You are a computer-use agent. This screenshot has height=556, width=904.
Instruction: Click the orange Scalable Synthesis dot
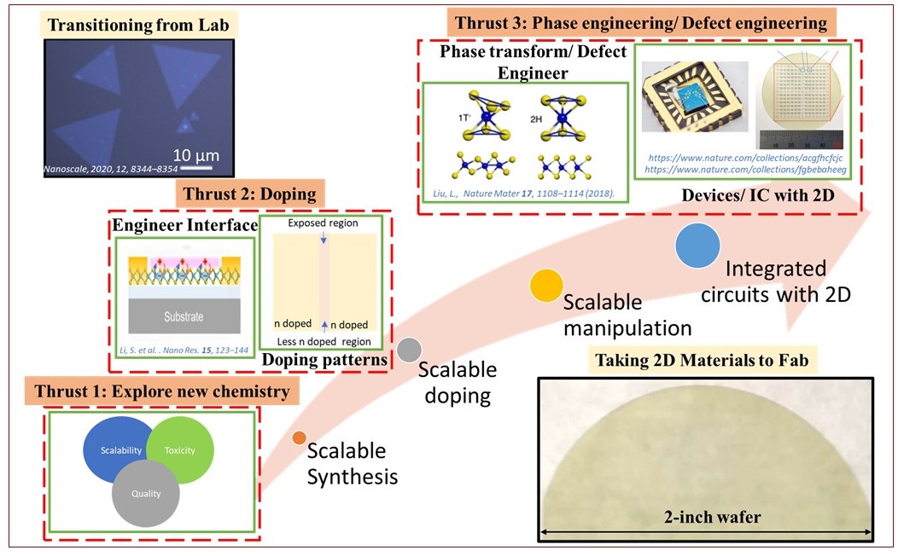pyautogui.click(x=299, y=438)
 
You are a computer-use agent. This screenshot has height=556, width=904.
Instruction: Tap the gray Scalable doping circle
pyautogui.click(x=410, y=349)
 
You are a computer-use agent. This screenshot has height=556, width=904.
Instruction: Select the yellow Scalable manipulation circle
pyautogui.click(x=545, y=285)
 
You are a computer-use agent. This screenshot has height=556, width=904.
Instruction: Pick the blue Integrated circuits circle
pyautogui.click(x=697, y=246)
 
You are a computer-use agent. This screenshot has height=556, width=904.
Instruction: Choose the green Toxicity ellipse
pyautogui.click(x=179, y=449)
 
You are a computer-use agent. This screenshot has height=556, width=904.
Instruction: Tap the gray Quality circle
pyautogui.click(x=146, y=493)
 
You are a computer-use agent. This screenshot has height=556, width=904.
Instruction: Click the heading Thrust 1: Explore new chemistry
pyautogui.click(x=161, y=393)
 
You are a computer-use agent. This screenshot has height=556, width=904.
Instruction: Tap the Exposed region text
pyautogui.click(x=323, y=224)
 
